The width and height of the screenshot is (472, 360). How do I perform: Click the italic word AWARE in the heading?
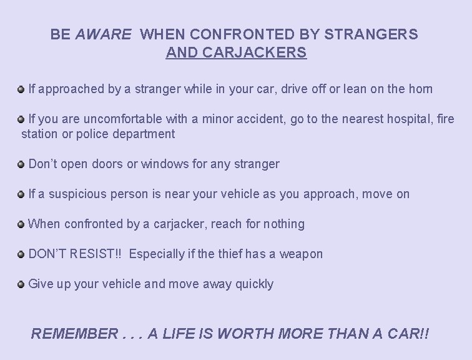104,34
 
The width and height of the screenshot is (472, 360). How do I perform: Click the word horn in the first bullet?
419,89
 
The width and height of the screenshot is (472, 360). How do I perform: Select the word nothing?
284,224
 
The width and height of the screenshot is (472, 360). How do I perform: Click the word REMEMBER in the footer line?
74,334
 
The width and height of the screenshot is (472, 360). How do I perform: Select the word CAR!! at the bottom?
406,334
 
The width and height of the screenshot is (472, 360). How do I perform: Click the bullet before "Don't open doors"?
22,164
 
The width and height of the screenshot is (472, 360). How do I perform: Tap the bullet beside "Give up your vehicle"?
22,284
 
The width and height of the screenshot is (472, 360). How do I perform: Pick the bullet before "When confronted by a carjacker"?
22,224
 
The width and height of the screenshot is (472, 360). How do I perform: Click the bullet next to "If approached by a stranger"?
22,89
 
